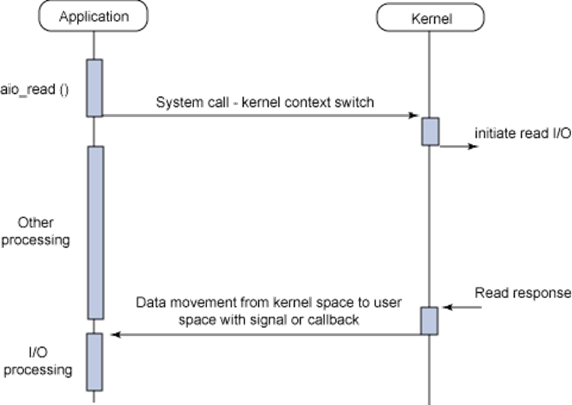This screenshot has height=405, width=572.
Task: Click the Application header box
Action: (x=94, y=17)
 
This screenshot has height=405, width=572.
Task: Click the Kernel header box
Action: (x=430, y=18)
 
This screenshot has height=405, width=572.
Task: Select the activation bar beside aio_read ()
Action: (x=94, y=88)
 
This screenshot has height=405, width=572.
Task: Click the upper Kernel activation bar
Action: (x=430, y=131)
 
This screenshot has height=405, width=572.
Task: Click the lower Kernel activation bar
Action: (x=430, y=320)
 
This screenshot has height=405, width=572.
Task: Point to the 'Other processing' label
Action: (x=45, y=232)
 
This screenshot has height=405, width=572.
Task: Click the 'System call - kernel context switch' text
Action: (x=265, y=102)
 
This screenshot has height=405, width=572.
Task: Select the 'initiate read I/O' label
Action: (x=522, y=132)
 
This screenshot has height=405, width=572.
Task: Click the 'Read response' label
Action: (x=522, y=293)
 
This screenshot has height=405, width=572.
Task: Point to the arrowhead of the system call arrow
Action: (x=415, y=116)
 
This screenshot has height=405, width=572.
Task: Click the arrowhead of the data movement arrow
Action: (x=115, y=334)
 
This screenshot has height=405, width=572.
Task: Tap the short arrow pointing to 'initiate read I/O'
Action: (x=460, y=146)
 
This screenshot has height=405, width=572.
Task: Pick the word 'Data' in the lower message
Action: (x=150, y=302)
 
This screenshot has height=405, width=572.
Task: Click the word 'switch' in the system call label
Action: (x=355, y=102)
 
